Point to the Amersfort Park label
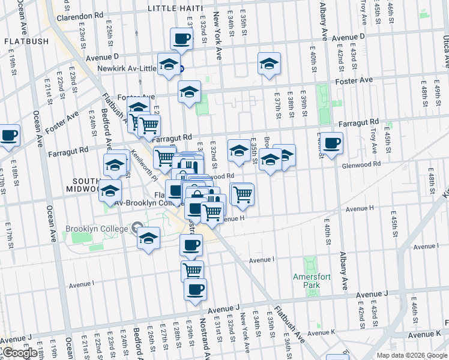point(308,281)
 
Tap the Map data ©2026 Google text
point(411,355)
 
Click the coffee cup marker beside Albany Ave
point(331,143)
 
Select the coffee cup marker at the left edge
point(8,136)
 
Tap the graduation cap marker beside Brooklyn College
point(148,238)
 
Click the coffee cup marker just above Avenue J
point(195,289)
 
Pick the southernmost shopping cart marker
point(192,271)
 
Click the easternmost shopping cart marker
point(243,194)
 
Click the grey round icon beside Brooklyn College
point(137,228)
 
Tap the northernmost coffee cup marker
point(181,39)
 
